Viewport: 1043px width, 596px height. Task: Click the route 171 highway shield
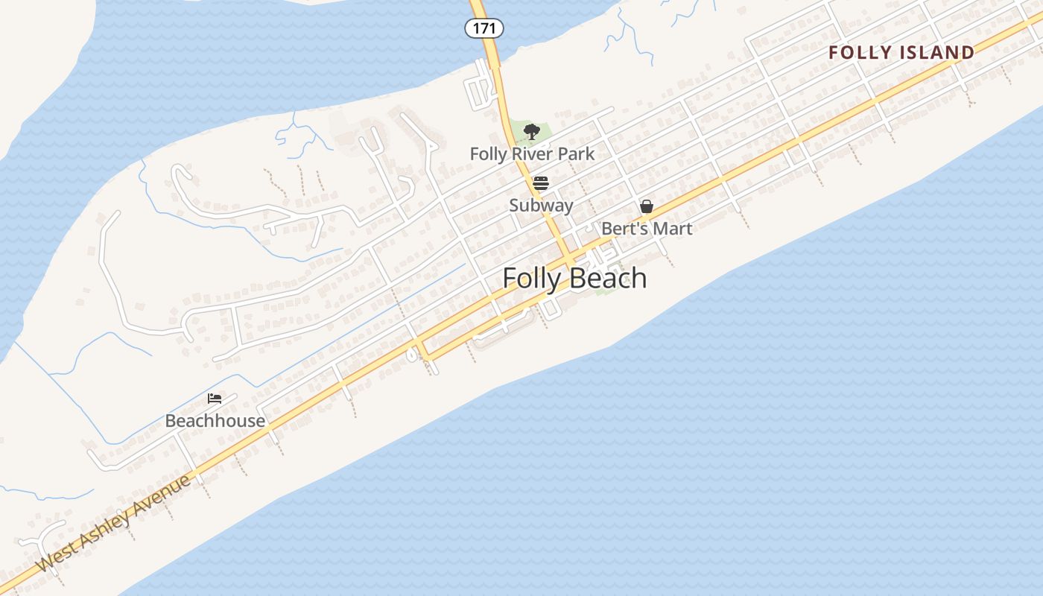484,28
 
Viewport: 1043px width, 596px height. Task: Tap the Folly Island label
901,53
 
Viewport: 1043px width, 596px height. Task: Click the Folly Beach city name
574,279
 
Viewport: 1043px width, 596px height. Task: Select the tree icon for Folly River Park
531,133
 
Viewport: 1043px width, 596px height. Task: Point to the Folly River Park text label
532,154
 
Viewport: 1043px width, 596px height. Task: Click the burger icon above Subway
541,183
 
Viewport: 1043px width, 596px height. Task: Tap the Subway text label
541,206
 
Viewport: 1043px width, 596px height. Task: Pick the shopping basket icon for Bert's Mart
647,206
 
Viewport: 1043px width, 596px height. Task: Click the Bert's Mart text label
647,229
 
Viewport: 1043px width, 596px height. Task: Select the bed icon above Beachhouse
215,399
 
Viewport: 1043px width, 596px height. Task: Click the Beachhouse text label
215,421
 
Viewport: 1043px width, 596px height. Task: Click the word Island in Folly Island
936,53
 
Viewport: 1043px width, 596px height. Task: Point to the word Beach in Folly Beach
609,279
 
